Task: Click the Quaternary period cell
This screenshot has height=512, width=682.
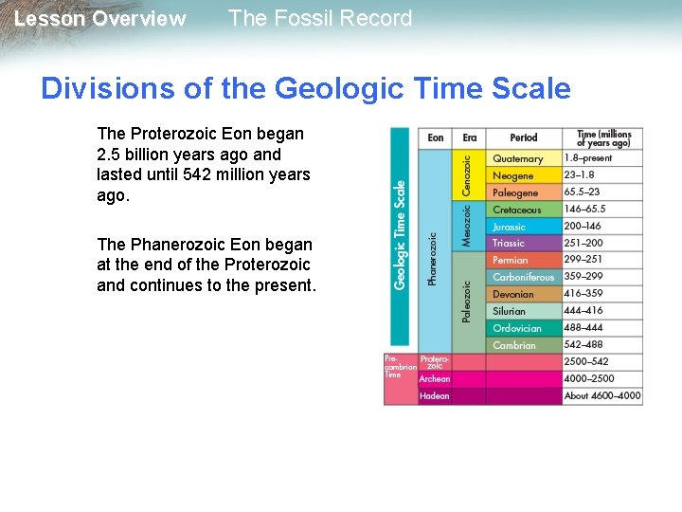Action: pos(518,158)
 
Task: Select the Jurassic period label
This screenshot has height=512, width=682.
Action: pos(510,227)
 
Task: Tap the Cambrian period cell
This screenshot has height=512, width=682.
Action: pos(514,345)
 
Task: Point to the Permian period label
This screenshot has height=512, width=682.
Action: pos(511,260)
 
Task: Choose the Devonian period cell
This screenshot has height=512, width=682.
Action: pos(513,294)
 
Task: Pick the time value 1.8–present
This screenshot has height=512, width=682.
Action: pos(588,158)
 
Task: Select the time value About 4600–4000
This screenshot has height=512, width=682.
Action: pos(602,395)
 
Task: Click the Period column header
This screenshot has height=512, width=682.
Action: pos(524,138)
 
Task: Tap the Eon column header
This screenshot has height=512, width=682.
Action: pos(436,138)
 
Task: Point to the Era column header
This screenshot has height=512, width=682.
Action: pos(470,138)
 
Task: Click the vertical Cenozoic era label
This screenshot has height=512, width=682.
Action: pos(466,175)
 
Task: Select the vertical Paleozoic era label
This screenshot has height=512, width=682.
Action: pos(466,302)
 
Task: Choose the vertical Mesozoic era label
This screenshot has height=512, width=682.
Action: pos(466,228)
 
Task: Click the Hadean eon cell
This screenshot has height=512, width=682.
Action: pos(435,395)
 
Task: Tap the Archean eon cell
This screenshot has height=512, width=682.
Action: pos(435,378)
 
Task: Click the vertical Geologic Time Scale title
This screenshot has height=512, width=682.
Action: pos(401,234)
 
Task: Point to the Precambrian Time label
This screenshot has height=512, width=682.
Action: pos(400,366)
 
